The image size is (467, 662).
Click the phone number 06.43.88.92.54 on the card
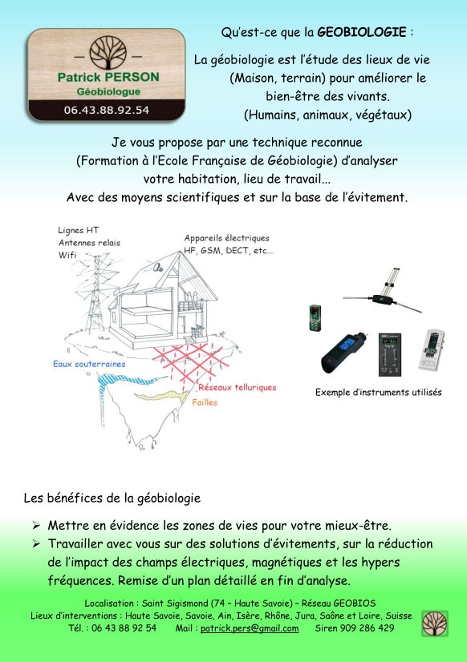coord(106,110)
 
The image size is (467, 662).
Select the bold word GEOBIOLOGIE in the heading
coord(362,33)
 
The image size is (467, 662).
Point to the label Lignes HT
coord(79,230)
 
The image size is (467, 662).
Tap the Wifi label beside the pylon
coord(67,255)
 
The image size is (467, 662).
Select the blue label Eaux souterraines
coord(89,364)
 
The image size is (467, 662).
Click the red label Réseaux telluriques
coord(237,388)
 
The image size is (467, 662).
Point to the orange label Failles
coord(205,402)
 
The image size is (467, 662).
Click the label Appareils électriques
coord(227,238)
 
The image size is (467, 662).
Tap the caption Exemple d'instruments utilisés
coord(378,393)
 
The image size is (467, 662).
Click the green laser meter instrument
coord(315,318)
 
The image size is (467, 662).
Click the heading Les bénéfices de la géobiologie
coord(112,498)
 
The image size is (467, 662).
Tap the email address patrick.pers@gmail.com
coord(249,628)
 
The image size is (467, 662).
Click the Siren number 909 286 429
coord(367,628)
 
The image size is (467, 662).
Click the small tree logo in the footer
coord(435,623)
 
